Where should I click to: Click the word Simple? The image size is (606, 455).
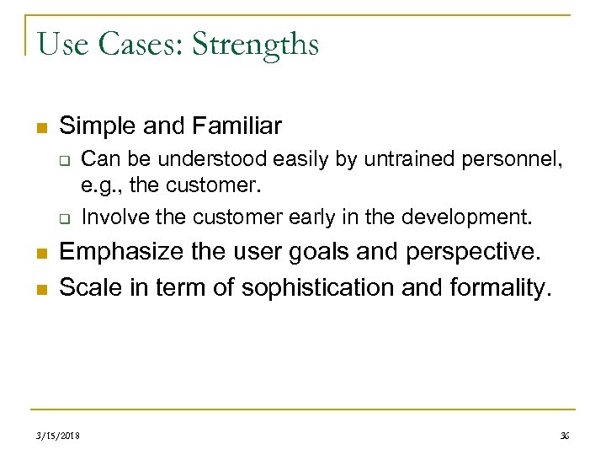tap(96, 127)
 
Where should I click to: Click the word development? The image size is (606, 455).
tap(468, 217)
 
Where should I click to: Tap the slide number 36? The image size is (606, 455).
tap(564, 436)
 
